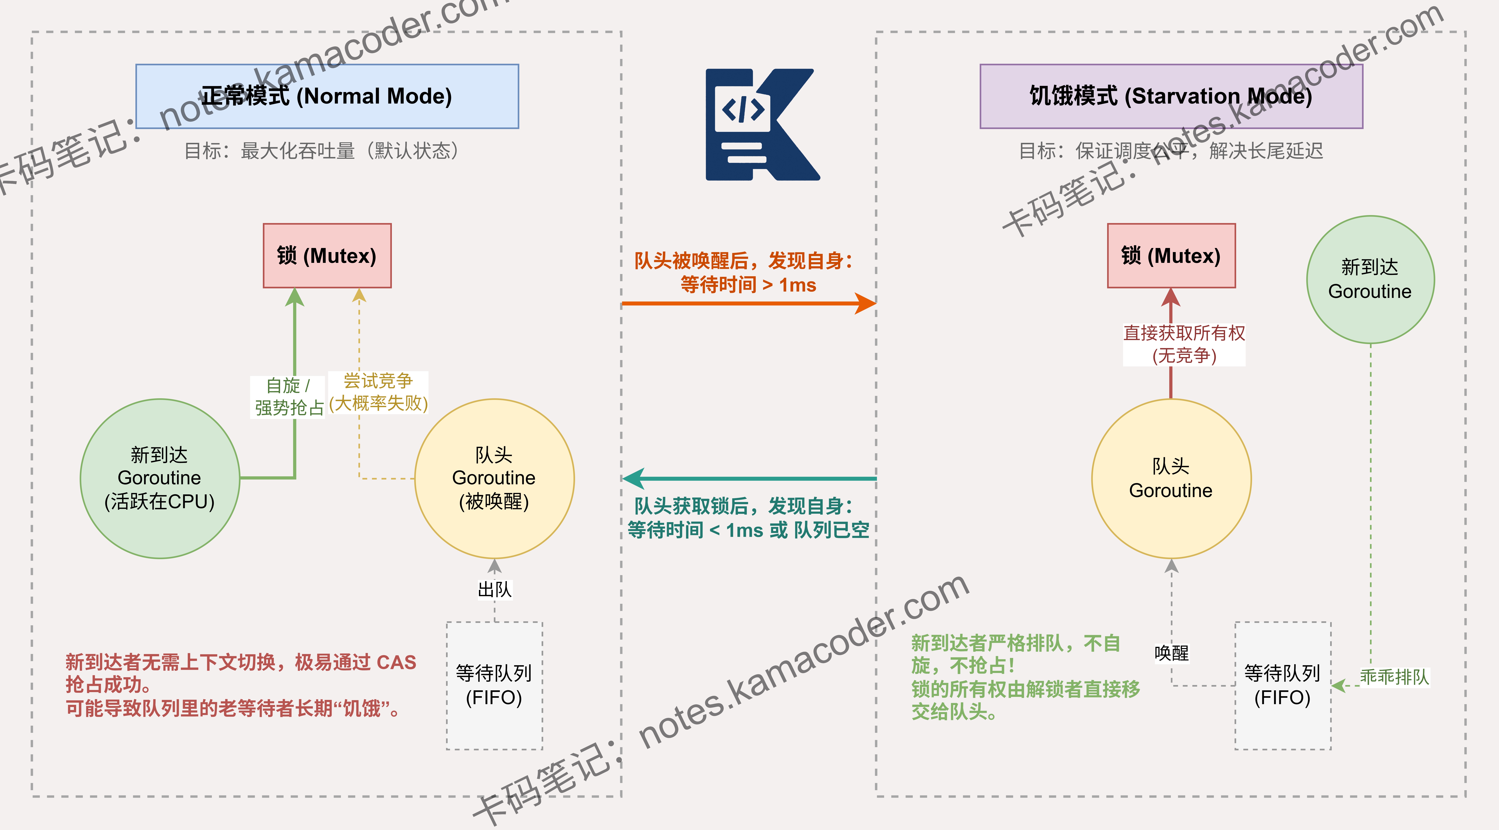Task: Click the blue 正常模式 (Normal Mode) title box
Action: click(327, 96)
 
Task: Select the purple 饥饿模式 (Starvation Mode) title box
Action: click(1171, 96)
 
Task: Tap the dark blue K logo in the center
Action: click(762, 125)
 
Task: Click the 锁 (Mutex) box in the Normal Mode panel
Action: click(327, 256)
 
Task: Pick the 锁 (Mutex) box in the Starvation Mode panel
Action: click(1171, 256)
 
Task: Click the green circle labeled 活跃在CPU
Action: click(160, 478)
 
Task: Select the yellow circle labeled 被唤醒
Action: click(495, 478)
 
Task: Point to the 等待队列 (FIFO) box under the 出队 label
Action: click(495, 686)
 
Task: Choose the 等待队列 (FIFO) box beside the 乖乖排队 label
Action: click(1283, 686)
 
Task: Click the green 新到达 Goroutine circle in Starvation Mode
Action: click(1370, 279)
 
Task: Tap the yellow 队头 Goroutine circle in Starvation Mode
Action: click(1171, 478)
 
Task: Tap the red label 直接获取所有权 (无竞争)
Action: click(1184, 344)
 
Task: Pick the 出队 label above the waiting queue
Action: click(495, 590)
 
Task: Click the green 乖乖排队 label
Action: click(1394, 677)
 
